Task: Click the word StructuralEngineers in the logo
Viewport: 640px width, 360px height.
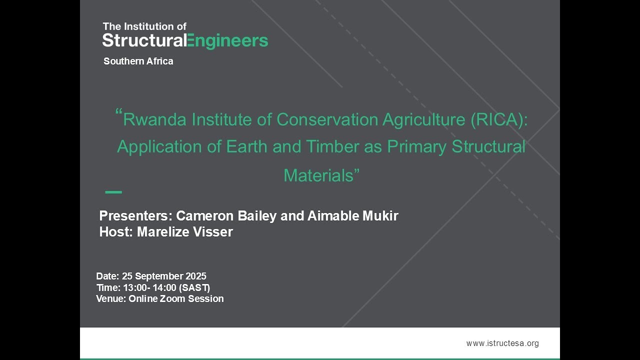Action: (185, 40)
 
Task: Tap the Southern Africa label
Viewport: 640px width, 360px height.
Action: (138, 61)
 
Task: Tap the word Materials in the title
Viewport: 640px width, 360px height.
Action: (318, 175)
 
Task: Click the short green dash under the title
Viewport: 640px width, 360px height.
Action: (113, 192)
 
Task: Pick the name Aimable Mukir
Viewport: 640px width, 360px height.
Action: (352, 216)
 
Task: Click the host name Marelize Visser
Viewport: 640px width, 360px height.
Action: (185, 232)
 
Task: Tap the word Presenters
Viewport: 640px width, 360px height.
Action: (135, 216)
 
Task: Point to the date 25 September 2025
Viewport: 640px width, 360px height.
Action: (164, 276)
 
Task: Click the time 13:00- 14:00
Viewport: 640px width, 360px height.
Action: (153, 288)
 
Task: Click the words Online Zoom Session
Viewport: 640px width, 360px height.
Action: (176, 299)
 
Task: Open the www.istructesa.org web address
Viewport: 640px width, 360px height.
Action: (502, 343)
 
